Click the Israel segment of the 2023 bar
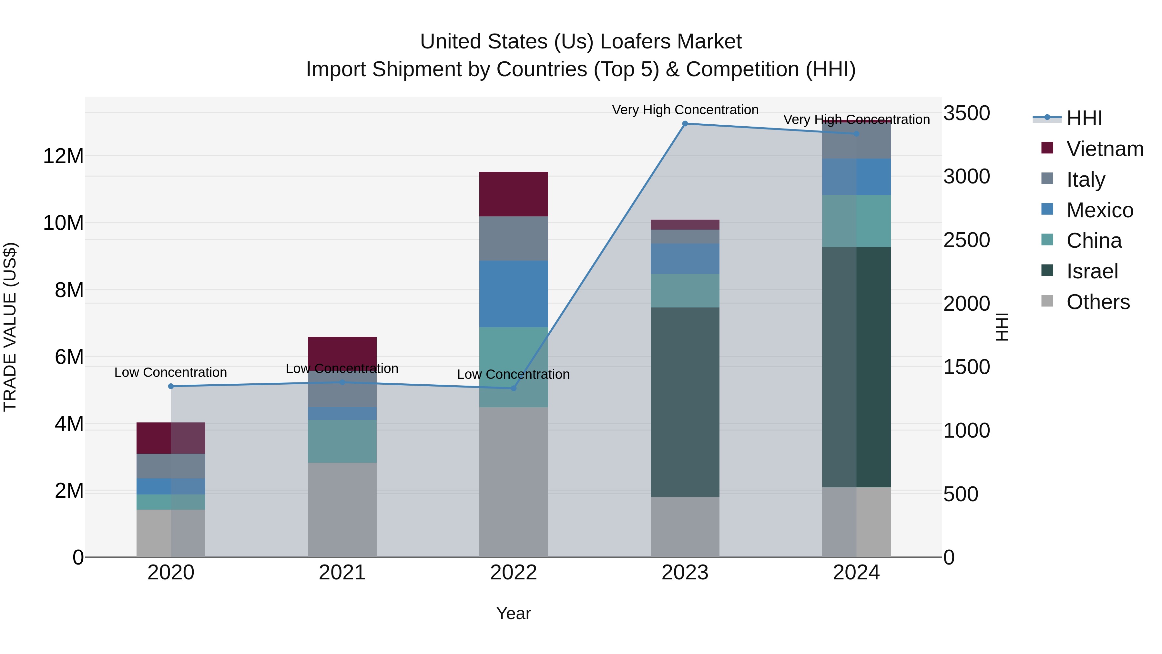coord(685,402)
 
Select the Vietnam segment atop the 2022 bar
coord(513,194)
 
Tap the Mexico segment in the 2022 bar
coord(513,293)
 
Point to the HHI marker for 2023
coord(685,124)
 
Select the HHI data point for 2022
coord(513,388)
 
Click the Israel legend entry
coord(1092,271)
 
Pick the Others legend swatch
coord(1047,301)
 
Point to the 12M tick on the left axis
coord(63,156)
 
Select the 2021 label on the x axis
coord(342,573)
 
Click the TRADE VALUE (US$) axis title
coord(10,327)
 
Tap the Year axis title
coord(513,613)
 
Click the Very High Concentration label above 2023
coord(685,110)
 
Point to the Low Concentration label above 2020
coord(170,372)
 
